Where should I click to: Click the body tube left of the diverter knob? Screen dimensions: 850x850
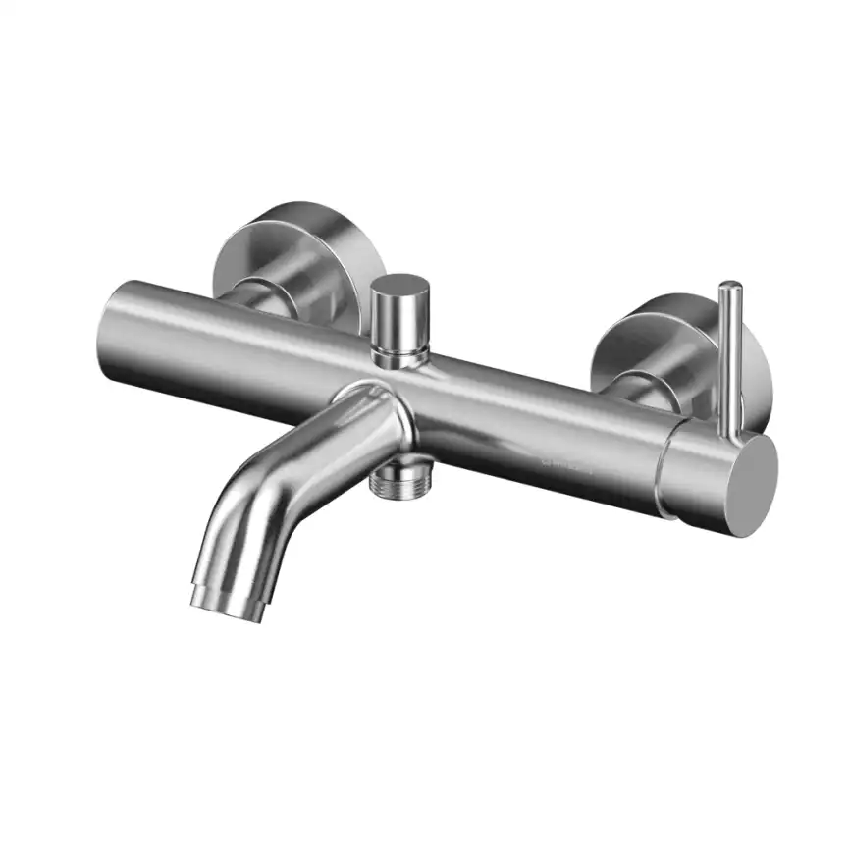click(245, 339)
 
